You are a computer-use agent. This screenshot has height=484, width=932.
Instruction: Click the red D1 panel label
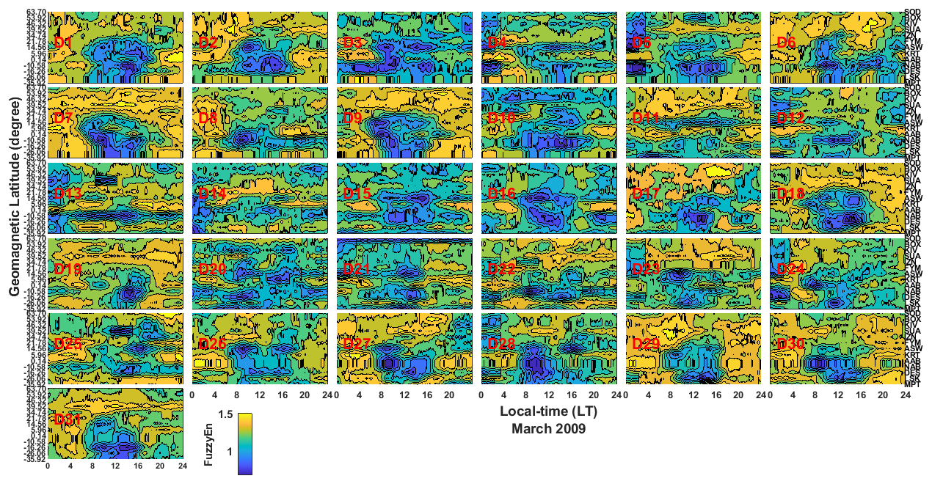(63, 43)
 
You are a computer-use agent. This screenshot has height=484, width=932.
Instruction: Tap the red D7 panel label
(63, 118)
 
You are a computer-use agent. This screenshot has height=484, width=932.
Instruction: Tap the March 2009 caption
(548, 429)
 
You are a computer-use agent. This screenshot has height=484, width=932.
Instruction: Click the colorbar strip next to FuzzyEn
(245, 443)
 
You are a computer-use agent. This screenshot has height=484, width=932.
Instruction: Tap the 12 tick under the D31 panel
(115, 466)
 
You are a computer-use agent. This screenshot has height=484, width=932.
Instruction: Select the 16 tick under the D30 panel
(860, 395)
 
